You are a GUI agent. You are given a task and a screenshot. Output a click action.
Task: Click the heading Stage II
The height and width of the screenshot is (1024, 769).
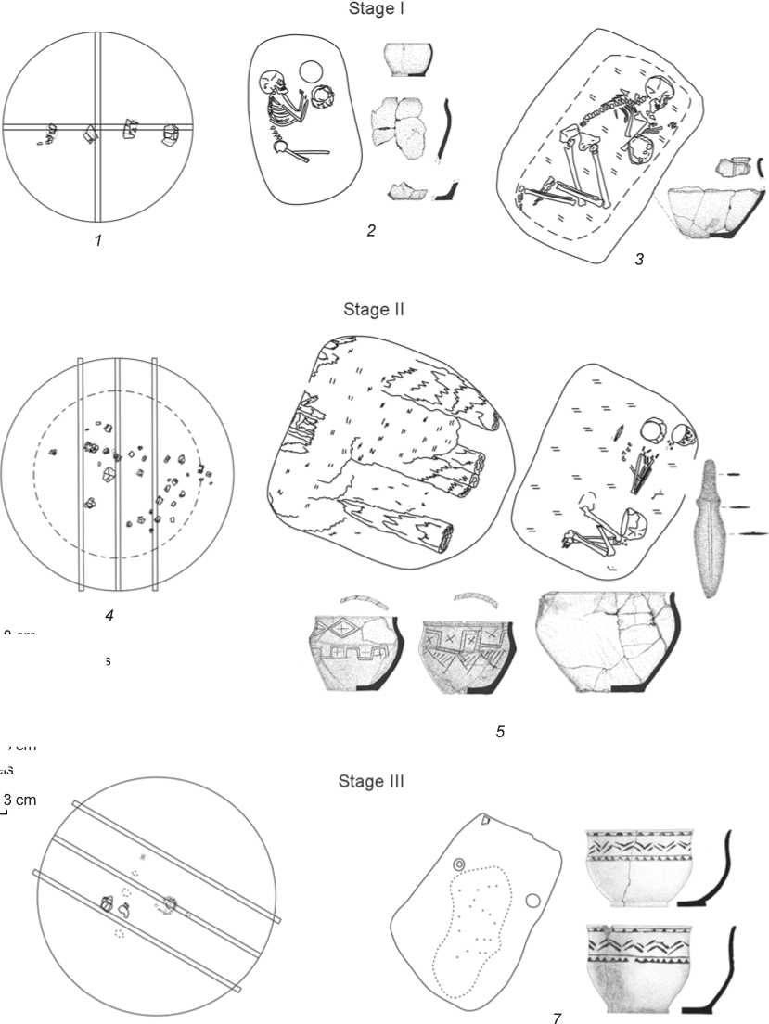(374, 309)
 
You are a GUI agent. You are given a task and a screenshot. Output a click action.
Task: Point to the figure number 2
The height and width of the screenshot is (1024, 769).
(371, 231)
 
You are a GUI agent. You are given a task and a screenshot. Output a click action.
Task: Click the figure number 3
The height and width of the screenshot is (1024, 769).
(639, 260)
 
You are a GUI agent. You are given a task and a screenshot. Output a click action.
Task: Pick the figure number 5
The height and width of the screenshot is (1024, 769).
(500, 732)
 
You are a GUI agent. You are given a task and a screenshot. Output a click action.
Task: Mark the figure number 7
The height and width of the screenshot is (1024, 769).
(557, 1018)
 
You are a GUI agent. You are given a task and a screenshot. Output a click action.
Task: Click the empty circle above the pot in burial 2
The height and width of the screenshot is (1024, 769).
(310, 71)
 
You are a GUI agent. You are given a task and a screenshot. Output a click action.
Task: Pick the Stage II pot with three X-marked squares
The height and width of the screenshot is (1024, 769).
(462, 653)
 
